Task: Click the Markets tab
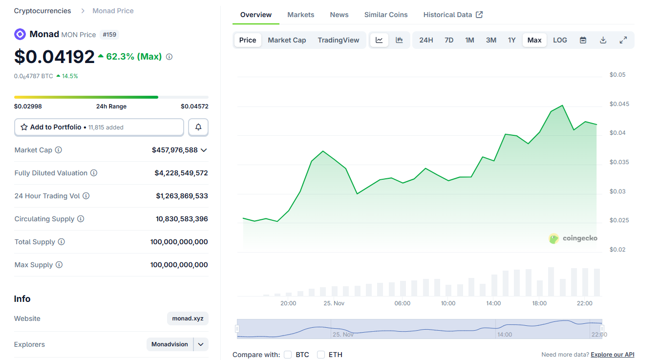[x=300, y=15]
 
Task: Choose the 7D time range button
[x=448, y=40]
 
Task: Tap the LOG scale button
[x=560, y=40]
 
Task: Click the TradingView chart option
[x=338, y=40]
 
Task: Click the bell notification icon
[x=198, y=127]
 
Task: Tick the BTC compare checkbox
[x=288, y=355]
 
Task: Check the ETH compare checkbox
[x=321, y=355]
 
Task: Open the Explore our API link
[x=612, y=355]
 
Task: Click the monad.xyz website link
[x=188, y=318]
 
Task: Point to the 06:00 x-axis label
[x=402, y=303]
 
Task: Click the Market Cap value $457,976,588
[x=175, y=150]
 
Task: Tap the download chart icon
[x=603, y=40]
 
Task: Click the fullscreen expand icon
[x=623, y=40]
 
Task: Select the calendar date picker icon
[x=583, y=40]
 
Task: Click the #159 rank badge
[x=109, y=35]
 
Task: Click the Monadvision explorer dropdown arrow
[x=201, y=344]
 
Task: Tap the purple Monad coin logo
[x=20, y=34]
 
